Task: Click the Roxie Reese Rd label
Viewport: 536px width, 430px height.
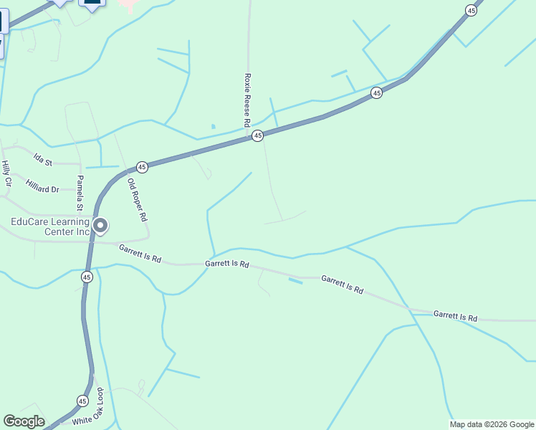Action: coord(247,100)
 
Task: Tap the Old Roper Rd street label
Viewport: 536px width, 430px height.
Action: coord(137,199)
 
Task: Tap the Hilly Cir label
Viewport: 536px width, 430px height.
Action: coord(6,174)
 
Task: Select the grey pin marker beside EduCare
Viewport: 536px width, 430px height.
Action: coord(101,226)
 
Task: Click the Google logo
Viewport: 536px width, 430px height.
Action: coord(24,421)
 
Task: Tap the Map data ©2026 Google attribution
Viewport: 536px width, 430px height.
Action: coord(492,424)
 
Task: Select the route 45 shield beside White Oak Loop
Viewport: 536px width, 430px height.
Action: coord(82,401)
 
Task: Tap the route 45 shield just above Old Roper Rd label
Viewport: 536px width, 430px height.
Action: coord(142,167)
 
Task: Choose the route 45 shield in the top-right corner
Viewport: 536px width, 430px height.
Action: coord(471,10)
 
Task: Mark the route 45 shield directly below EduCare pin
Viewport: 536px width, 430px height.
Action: coord(87,277)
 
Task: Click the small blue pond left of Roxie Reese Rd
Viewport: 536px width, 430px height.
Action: coord(213,127)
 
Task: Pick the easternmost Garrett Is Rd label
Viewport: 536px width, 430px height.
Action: coord(455,316)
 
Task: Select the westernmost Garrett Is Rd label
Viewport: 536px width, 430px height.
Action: coord(140,252)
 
